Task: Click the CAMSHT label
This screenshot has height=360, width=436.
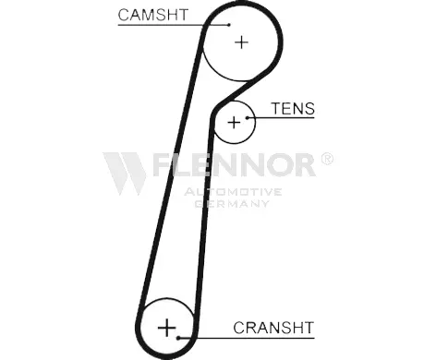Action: click(153, 15)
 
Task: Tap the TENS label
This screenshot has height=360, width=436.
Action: click(293, 108)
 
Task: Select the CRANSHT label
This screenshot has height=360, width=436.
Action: click(273, 328)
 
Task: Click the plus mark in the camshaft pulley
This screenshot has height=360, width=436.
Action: click(241, 42)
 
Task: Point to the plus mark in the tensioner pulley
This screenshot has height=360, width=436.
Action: click(234, 123)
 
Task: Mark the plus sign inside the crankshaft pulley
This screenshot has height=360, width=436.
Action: click(166, 328)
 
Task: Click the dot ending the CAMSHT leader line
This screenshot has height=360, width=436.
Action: click(229, 25)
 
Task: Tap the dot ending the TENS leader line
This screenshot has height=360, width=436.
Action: click(247, 117)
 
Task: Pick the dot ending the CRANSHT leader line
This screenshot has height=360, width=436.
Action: click(178, 338)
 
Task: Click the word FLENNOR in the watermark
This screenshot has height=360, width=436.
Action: click(234, 164)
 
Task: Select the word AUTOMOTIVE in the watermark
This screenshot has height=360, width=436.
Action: click(233, 192)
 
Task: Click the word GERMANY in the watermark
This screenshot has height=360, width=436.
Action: click(233, 203)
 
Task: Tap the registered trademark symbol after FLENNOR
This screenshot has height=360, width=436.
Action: click(327, 159)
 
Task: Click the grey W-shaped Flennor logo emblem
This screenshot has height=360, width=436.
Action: click(125, 174)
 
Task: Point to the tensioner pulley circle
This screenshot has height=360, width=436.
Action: click(255, 123)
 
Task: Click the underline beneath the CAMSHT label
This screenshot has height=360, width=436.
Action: click(174, 25)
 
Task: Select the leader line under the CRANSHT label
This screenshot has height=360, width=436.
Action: click(247, 338)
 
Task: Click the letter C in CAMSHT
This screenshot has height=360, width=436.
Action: click(124, 15)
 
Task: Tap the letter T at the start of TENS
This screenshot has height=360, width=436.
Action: click(276, 108)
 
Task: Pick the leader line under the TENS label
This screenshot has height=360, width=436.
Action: click(281, 117)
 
